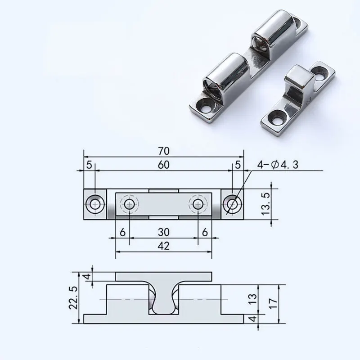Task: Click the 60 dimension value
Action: point(163,165)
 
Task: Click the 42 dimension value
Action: point(163,245)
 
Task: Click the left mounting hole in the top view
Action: point(95,204)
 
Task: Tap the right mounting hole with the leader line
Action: point(233,204)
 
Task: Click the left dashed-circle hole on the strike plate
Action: point(130,204)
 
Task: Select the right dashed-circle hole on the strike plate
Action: point(198,204)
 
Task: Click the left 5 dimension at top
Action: point(89,165)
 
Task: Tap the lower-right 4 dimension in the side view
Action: point(253,318)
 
